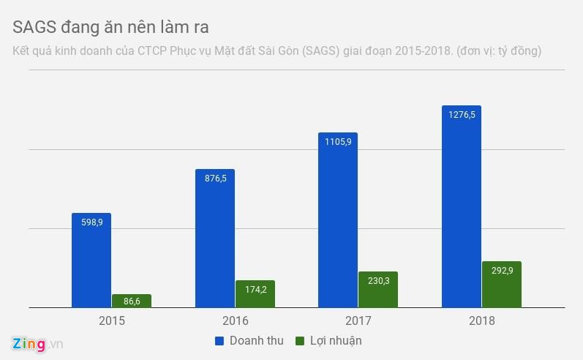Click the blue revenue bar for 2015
click(x=91, y=260)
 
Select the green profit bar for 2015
click(x=132, y=301)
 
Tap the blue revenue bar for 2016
click(x=215, y=239)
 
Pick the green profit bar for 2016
click(x=255, y=294)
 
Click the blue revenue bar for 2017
click(x=338, y=220)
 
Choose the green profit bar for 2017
click(x=378, y=290)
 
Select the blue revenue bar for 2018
click(x=462, y=206)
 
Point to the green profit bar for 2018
click(x=502, y=285)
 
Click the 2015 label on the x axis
click(x=112, y=320)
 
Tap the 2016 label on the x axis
click(x=236, y=320)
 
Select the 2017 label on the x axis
click(x=358, y=320)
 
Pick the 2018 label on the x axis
click(x=482, y=320)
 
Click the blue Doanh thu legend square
click(x=219, y=341)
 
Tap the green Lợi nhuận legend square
click(x=300, y=341)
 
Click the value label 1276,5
click(x=462, y=115)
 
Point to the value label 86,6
click(x=132, y=301)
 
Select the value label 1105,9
click(x=338, y=142)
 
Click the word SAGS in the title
click(x=34, y=27)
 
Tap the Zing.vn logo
click(x=37, y=344)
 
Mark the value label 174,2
click(x=256, y=289)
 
